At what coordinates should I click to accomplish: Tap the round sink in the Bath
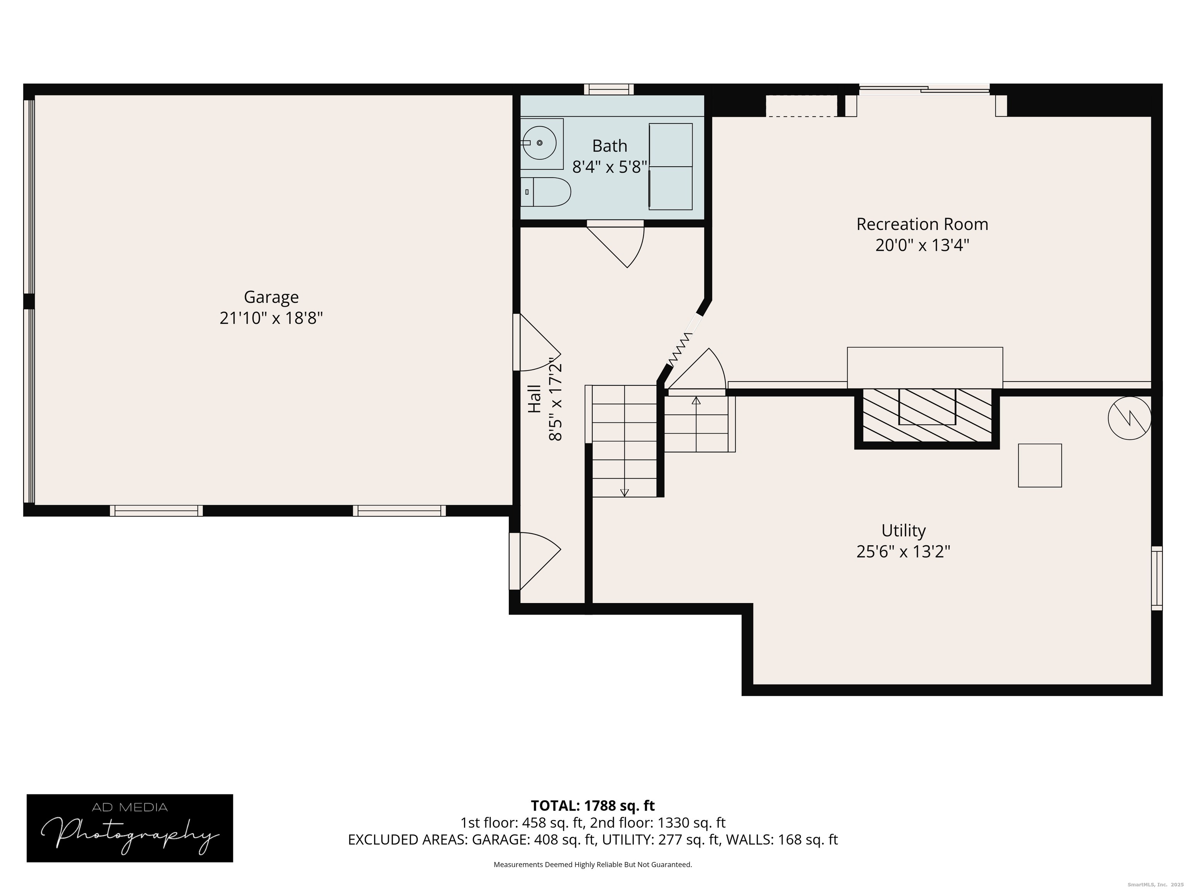point(539,142)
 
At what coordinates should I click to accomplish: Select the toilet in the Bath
point(545,192)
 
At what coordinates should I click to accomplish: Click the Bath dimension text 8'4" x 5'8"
point(610,167)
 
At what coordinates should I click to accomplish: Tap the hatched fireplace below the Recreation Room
point(927,415)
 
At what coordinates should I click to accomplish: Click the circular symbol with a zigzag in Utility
point(1129,418)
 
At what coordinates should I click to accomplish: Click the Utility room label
point(903,531)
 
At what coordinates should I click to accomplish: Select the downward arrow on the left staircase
point(624,492)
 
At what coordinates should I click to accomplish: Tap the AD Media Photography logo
point(130,828)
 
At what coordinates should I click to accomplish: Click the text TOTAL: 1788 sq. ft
point(593,805)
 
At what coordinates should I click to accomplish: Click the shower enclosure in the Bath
point(670,166)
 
